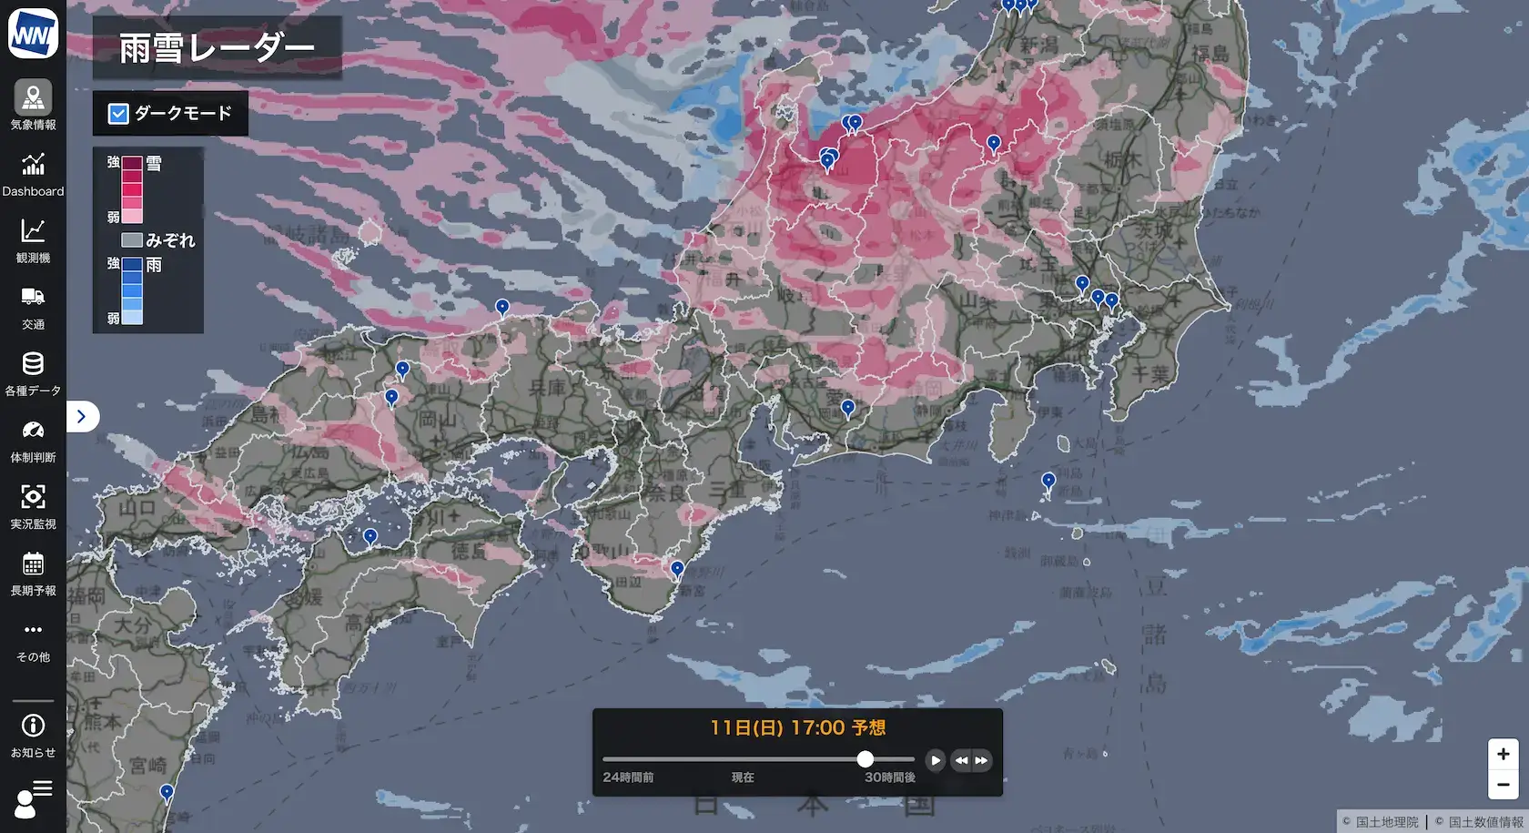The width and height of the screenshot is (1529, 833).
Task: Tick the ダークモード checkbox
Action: click(x=118, y=114)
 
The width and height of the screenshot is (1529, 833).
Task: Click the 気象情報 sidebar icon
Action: click(x=33, y=97)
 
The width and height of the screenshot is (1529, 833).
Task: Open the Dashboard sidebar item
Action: click(x=33, y=165)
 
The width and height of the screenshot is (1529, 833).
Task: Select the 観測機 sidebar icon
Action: click(x=33, y=231)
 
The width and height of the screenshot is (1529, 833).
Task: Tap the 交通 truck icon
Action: click(x=33, y=297)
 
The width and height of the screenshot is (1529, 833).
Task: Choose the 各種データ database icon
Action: click(x=33, y=364)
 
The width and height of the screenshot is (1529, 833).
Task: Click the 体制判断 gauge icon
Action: click(x=33, y=431)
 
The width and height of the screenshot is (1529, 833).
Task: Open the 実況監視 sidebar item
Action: click(x=33, y=497)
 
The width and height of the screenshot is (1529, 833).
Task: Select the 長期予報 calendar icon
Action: click(x=33, y=564)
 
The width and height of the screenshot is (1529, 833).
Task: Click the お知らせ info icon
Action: click(x=33, y=726)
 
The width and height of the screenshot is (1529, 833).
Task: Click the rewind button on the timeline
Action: click(x=961, y=760)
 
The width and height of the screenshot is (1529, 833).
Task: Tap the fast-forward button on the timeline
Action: click(x=981, y=760)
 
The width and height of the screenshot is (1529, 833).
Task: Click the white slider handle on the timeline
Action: click(x=866, y=759)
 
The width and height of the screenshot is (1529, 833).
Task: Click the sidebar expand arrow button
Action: click(x=82, y=416)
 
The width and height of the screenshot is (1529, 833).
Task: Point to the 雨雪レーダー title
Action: click(x=217, y=48)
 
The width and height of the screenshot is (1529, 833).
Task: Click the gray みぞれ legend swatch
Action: click(x=132, y=240)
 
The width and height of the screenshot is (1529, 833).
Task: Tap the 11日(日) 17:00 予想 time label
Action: click(x=797, y=727)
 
